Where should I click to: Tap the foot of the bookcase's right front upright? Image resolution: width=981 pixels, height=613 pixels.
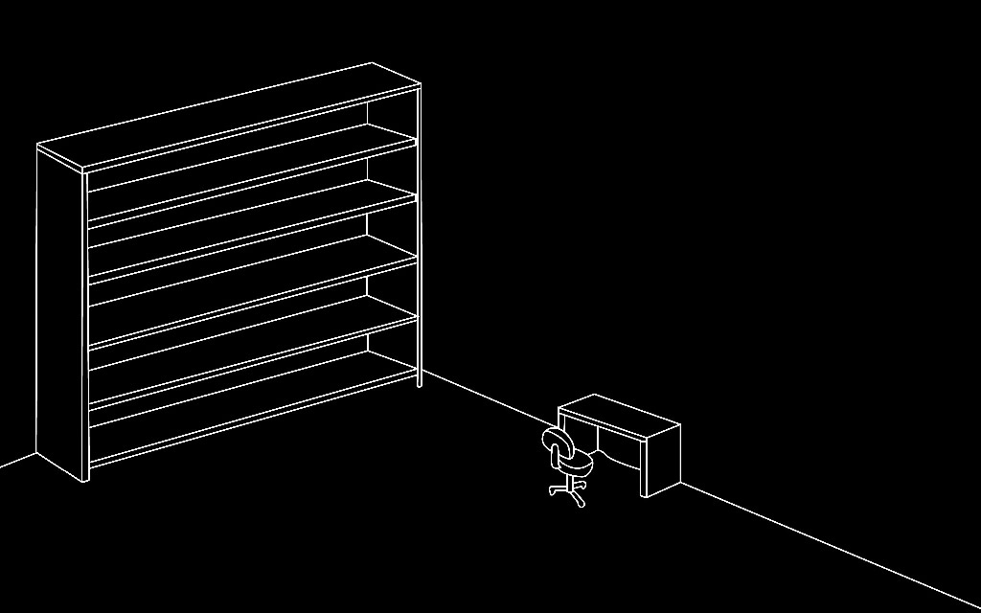[420, 383]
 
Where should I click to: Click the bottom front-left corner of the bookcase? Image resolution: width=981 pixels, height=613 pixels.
[85, 478]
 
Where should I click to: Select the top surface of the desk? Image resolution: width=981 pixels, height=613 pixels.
[619, 413]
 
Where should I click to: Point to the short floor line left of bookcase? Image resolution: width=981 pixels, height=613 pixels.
[17, 461]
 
